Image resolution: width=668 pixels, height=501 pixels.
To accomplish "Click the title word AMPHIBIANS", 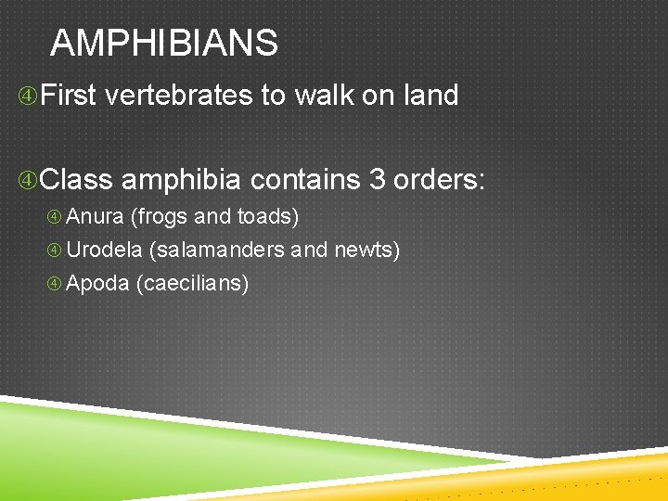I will coord(164,44).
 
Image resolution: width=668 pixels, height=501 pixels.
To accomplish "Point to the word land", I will coord(429,96).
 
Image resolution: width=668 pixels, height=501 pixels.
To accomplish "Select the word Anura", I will coord(95,217).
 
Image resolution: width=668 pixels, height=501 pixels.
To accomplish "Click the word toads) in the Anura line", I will coord(268,217).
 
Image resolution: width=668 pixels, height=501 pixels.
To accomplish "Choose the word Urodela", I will coord(104,250).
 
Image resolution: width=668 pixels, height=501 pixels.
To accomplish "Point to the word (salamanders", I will coord(216,250).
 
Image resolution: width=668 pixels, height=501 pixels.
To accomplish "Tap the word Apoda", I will coord(97,284).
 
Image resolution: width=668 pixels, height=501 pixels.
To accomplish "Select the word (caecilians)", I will coord(192,284).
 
